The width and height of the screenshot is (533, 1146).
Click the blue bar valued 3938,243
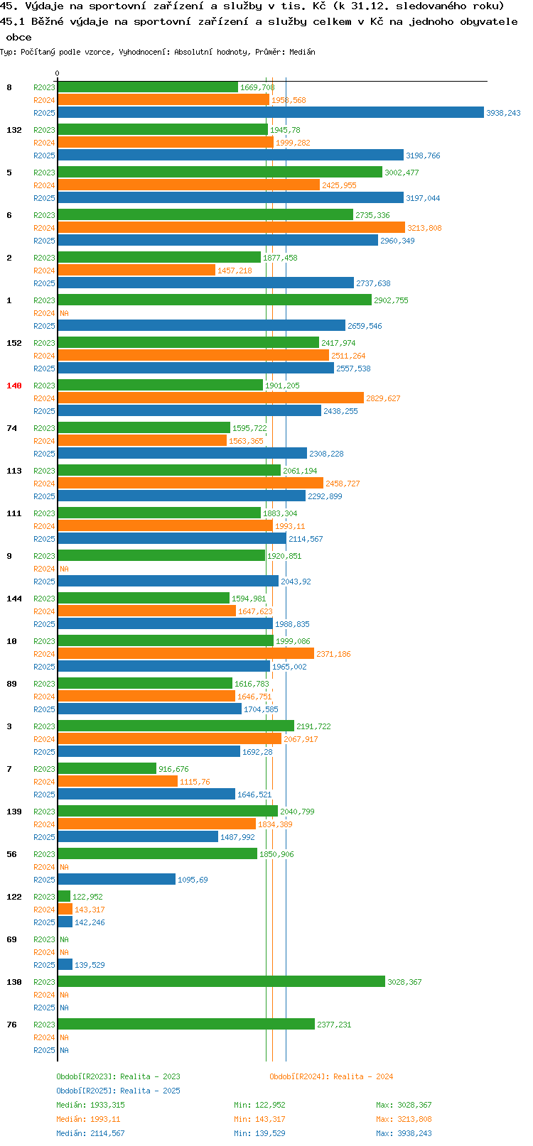click(271, 113)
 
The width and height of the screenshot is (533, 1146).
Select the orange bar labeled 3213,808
click(232, 228)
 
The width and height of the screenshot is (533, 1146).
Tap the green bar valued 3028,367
click(221, 981)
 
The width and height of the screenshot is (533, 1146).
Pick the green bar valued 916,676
click(107, 768)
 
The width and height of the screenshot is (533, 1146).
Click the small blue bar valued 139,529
click(65, 964)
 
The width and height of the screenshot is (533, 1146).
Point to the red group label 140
click(14, 386)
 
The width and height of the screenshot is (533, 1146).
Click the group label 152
click(14, 343)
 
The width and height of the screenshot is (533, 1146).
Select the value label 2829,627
click(383, 398)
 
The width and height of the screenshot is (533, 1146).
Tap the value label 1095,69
click(193, 880)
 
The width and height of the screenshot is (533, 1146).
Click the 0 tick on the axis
click(57, 73)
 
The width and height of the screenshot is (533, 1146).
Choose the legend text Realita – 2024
click(363, 1076)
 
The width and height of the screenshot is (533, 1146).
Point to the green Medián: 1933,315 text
click(91, 1105)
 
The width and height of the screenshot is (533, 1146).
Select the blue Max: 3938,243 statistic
click(404, 1133)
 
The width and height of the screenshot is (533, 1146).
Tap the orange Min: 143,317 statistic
click(259, 1119)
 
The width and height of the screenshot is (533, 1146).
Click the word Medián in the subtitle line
click(302, 52)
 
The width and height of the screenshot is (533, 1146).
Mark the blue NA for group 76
click(64, 1050)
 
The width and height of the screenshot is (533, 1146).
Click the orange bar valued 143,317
click(65, 909)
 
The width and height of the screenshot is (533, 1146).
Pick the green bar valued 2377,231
click(186, 1024)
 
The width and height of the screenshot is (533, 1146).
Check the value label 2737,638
click(373, 283)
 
